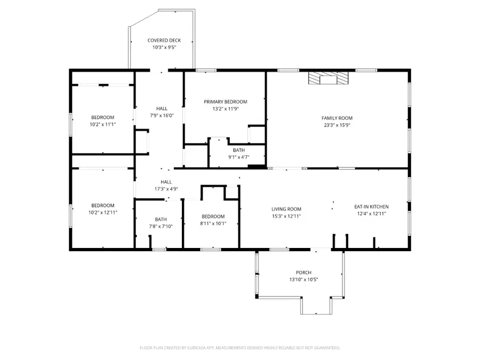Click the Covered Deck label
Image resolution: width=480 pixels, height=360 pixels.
164,41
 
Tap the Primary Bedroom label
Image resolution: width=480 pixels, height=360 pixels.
226,101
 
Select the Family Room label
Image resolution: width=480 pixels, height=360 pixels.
337,118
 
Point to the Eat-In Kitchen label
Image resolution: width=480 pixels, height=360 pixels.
371,206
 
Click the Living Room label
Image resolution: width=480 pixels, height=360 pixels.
286,209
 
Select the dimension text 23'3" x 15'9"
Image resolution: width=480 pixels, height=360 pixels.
337,125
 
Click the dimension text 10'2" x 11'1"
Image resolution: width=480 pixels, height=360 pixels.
102,124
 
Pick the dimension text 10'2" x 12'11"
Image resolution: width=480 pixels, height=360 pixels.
102,212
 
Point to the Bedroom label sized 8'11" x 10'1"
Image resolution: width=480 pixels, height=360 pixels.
213,216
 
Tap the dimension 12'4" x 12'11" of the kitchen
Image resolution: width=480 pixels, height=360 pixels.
371,213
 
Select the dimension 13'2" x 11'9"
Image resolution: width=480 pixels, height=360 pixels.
226,108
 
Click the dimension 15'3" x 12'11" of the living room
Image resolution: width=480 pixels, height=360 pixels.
286,216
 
